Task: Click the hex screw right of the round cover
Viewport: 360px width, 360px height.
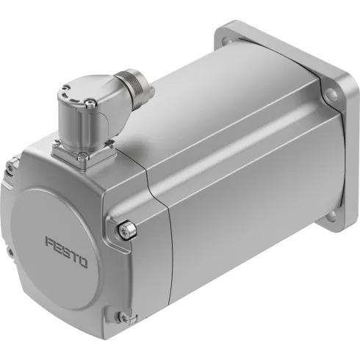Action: coord(126,231)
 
